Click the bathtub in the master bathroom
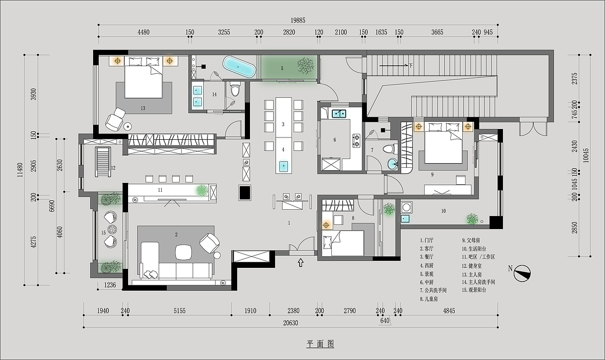tap(239, 67)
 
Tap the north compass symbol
tap(522, 273)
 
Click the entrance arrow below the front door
tap(300, 263)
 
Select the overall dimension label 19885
tap(298, 20)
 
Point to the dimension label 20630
tap(290, 323)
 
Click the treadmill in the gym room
tap(103, 162)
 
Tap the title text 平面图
tap(320, 343)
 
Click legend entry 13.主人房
tap(472, 274)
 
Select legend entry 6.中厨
tap(427, 282)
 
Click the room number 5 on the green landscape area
tap(282, 69)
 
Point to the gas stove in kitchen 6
tap(356, 141)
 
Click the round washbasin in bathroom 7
tap(393, 164)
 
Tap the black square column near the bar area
tap(245, 193)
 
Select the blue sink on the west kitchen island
tap(283, 166)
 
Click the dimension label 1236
tap(110, 285)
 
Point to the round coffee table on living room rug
tap(184, 252)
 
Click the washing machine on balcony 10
tap(406, 207)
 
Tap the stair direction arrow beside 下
tap(394, 65)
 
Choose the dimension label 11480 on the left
tap(20, 170)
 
